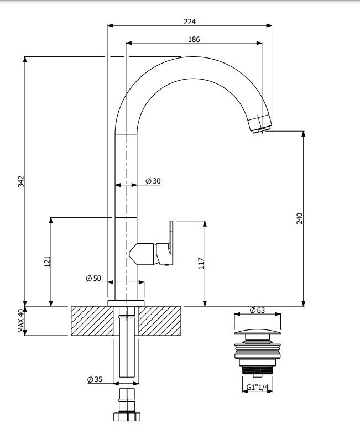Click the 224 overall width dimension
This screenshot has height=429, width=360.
coord(190,22)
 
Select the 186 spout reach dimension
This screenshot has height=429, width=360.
coord(194,39)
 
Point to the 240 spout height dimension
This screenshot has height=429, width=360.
coord(299,218)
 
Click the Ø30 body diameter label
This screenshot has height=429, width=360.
coord(153,181)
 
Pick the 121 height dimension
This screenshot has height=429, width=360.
coord(47,261)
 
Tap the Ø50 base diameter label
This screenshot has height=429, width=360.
coord(93,278)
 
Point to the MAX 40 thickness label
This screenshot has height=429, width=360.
coord(21,321)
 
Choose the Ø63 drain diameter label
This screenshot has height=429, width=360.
coord(257,310)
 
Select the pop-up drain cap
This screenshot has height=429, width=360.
coord(257,333)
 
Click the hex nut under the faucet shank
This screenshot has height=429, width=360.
coord(127,414)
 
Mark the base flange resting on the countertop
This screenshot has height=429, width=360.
coord(126,303)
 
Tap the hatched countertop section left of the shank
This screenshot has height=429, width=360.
coord(92,321)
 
